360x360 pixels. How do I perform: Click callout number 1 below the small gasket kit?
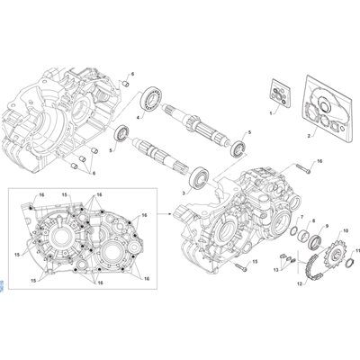coord(271,115)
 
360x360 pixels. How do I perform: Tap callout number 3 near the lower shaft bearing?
coord(184,193)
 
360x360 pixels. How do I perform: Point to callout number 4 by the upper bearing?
coord(138,117)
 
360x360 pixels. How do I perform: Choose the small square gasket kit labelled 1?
coord(282,94)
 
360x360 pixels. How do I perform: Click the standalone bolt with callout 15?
coord(238,267)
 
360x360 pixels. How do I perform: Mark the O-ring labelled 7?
coord(294,235)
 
